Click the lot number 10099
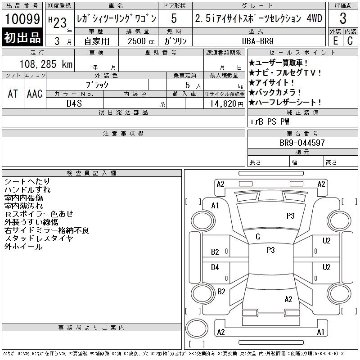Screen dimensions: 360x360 point(22,18)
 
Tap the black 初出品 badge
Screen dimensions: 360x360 point(22,37)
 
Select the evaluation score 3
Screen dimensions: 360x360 point(343,18)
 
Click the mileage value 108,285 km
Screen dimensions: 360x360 point(46,64)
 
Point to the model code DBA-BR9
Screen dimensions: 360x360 point(258,41)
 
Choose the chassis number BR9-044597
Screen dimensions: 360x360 point(302,143)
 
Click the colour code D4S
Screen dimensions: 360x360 point(74,103)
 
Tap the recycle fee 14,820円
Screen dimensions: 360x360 point(227,104)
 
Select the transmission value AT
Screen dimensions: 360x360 point(13,94)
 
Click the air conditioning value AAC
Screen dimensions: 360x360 point(35,94)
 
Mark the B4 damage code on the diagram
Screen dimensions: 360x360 point(215,267)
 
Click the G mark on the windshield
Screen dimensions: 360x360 point(258,237)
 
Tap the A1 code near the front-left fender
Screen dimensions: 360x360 point(215,206)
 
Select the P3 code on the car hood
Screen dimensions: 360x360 point(290,216)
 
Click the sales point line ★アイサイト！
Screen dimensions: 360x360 point(271,82)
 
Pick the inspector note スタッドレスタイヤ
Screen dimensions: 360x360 point(39,238)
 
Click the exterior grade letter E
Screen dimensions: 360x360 point(335,40)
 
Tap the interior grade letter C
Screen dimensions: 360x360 point(350,40)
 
